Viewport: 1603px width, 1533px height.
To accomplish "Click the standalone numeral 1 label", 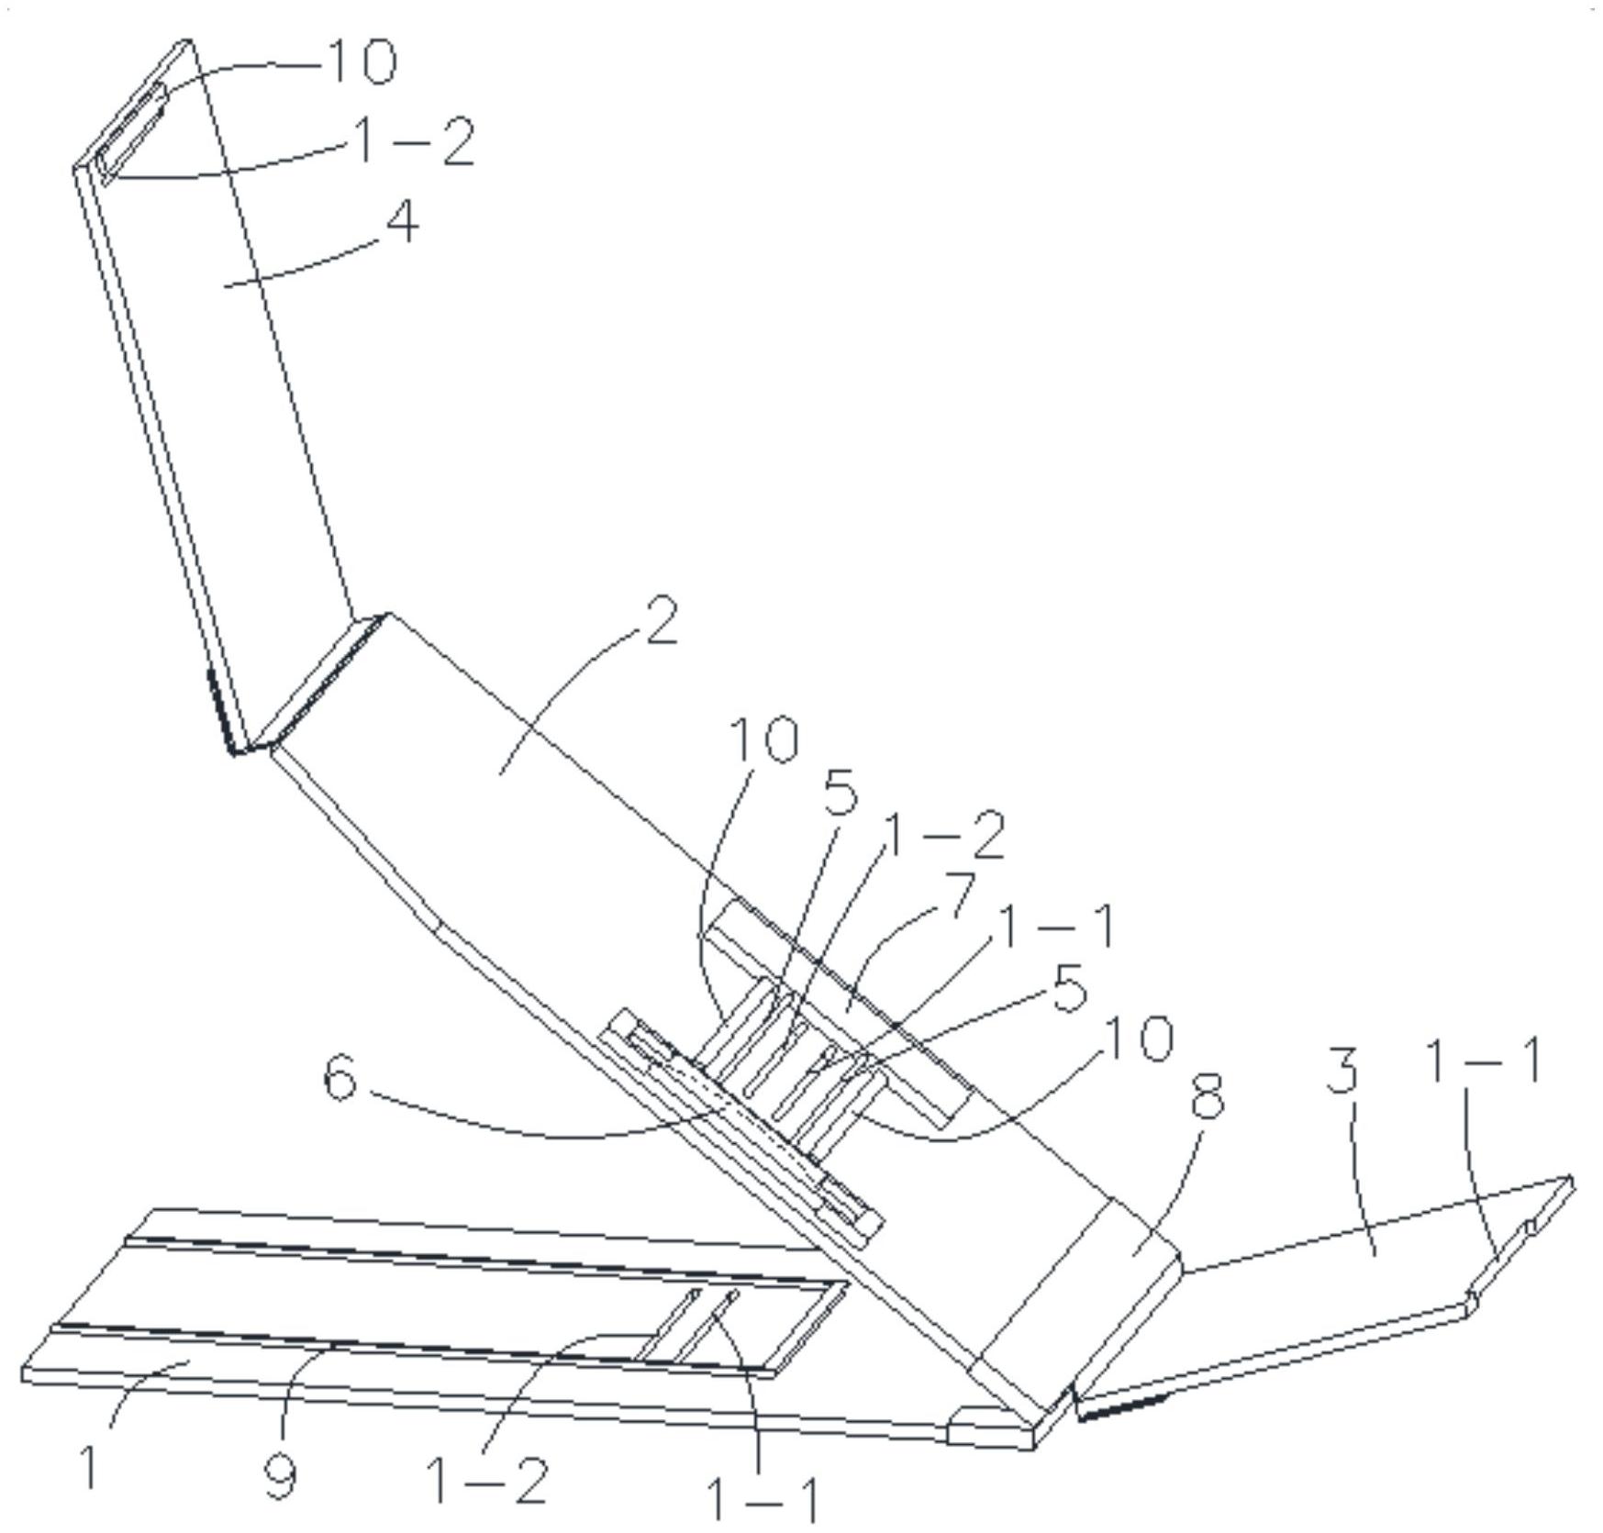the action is [x=89, y=1466].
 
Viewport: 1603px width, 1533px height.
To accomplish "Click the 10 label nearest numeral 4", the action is [x=361, y=62].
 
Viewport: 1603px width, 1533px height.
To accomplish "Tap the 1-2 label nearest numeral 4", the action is [x=414, y=142].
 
